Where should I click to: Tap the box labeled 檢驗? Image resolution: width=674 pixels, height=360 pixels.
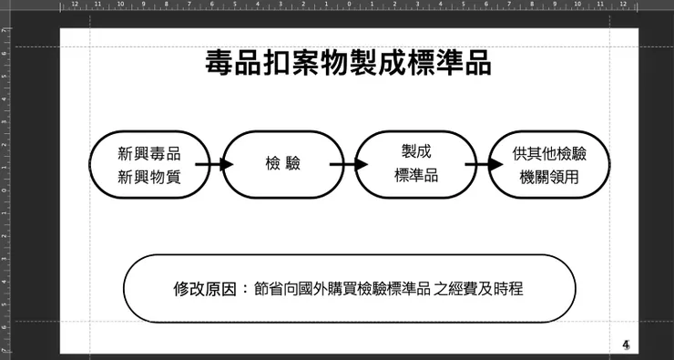282,164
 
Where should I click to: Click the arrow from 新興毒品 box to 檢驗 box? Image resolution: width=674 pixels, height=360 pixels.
215,165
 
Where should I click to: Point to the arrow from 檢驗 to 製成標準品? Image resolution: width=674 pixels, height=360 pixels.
349,164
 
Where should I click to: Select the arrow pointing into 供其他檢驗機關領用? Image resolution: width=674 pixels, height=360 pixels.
484,165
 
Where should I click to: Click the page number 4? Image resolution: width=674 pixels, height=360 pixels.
626,345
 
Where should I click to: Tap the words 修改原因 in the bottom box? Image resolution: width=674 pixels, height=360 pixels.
202,289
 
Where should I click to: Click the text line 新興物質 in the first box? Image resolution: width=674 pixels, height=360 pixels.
149,177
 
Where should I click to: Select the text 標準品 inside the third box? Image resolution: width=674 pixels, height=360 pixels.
416,175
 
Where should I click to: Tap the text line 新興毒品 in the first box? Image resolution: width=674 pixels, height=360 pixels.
149,153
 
